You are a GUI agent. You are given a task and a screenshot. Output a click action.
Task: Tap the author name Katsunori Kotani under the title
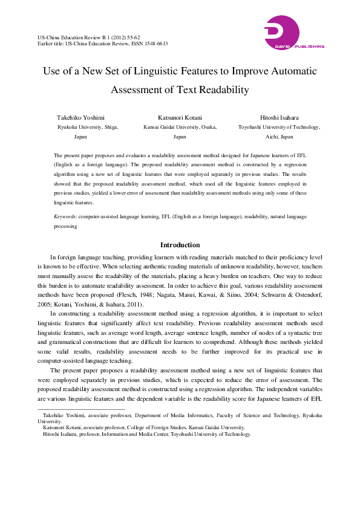tap(180, 117)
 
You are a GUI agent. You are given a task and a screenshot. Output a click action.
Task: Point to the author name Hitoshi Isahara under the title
tap(279, 117)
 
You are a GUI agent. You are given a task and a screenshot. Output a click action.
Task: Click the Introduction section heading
tap(180, 245)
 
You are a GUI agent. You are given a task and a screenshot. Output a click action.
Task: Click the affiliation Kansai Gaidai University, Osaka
tap(180, 128)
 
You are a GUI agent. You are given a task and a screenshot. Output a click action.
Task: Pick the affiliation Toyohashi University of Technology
tap(279, 128)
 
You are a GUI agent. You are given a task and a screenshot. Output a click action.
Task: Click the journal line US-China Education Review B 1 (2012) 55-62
tap(88, 37)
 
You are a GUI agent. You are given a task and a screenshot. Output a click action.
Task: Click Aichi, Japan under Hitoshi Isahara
tap(279, 137)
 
